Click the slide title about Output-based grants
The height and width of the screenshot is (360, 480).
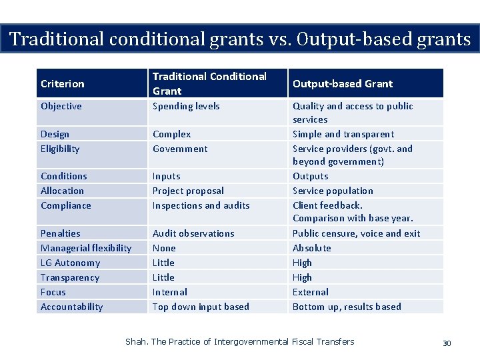pos(240,39)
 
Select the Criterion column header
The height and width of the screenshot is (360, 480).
pos(63,84)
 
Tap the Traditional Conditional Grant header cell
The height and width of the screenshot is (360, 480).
pos(209,83)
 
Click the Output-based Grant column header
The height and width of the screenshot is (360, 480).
pos(343,84)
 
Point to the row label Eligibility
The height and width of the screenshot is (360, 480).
pos(60,149)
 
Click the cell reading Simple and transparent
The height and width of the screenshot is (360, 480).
pos(343,135)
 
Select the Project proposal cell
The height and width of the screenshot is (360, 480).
pos(188,191)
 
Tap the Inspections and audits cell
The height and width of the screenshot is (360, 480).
pos(201,206)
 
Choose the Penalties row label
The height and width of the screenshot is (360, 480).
pos(61,234)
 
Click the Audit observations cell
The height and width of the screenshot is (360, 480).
pos(193,234)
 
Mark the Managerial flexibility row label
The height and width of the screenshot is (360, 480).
pos(86,249)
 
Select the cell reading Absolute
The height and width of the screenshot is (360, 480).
pos(312,249)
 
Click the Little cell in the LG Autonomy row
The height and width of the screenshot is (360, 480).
pos(163,263)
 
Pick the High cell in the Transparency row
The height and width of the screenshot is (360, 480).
pos(302,278)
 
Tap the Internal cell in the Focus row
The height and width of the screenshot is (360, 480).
pos(170,293)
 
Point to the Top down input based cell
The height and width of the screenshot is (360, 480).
pos(201,307)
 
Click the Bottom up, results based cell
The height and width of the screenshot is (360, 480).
pos(347,307)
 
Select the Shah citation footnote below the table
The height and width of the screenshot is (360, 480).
pos(240,342)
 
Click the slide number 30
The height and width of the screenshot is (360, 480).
pos(447,343)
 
